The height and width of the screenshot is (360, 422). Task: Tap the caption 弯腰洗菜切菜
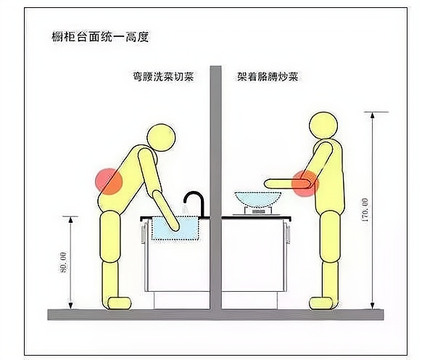[160, 76]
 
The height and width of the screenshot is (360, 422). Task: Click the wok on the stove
[259, 199]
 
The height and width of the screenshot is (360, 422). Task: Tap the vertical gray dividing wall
[215, 181]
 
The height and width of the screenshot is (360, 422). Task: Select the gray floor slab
[215, 314]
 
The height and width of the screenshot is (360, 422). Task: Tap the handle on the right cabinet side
[289, 234]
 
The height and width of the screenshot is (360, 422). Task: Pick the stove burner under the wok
[258, 211]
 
